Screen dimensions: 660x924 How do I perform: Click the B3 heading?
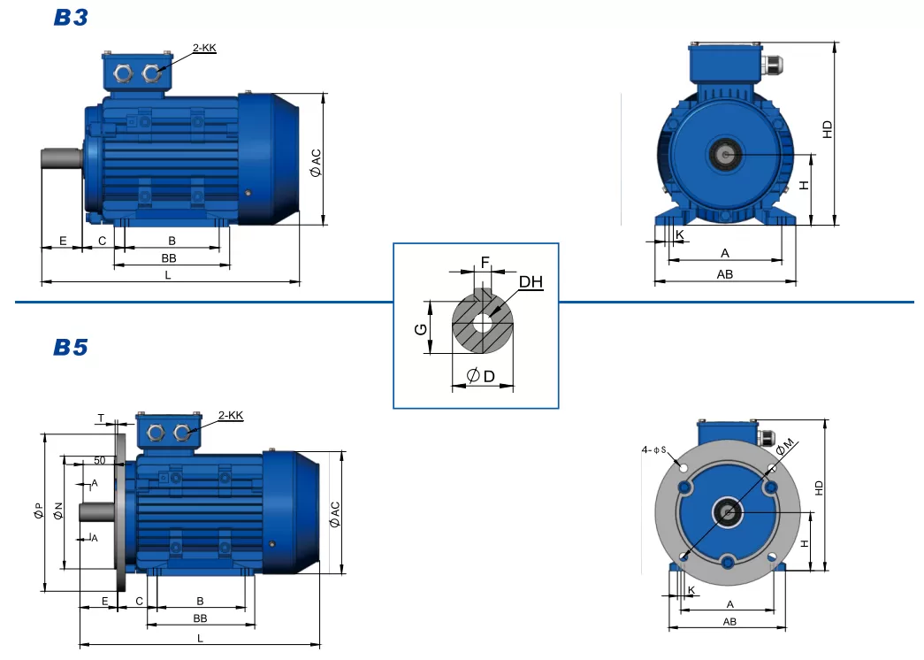pyautogui.click(x=71, y=18)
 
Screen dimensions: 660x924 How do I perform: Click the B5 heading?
pyautogui.click(x=71, y=347)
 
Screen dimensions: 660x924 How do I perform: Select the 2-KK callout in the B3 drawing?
pyautogui.click(x=203, y=48)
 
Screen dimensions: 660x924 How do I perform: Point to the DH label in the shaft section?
pyautogui.click(x=531, y=282)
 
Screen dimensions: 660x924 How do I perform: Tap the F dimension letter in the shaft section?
pyautogui.click(x=485, y=262)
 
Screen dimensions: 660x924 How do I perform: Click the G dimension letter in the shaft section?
pyautogui.click(x=422, y=329)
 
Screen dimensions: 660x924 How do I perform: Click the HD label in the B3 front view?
pyautogui.click(x=828, y=129)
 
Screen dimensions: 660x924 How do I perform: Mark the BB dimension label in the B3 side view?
pyautogui.click(x=169, y=257)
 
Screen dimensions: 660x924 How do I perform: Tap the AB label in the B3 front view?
pyautogui.click(x=724, y=274)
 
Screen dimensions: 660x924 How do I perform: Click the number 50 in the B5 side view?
pyautogui.click(x=99, y=461)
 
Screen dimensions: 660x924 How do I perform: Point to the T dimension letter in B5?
pyautogui.click(x=101, y=418)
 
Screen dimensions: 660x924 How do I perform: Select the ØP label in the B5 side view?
pyautogui.click(x=38, y=511)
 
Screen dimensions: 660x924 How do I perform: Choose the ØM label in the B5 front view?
pyautogui.click(x=785, y=448)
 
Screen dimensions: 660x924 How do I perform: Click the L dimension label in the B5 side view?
pyautogui.click(x=200, y=637)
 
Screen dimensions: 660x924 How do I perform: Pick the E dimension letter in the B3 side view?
pyautogui.click(x=63, y=241)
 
